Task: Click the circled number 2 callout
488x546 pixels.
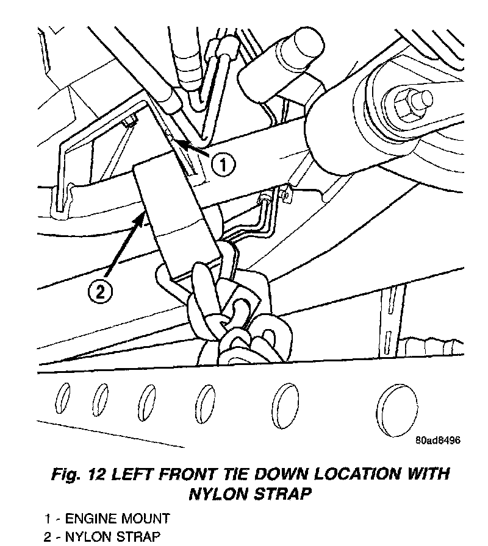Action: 101,292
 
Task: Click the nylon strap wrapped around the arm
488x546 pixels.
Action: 177,213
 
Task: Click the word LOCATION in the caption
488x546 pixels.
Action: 346,473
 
